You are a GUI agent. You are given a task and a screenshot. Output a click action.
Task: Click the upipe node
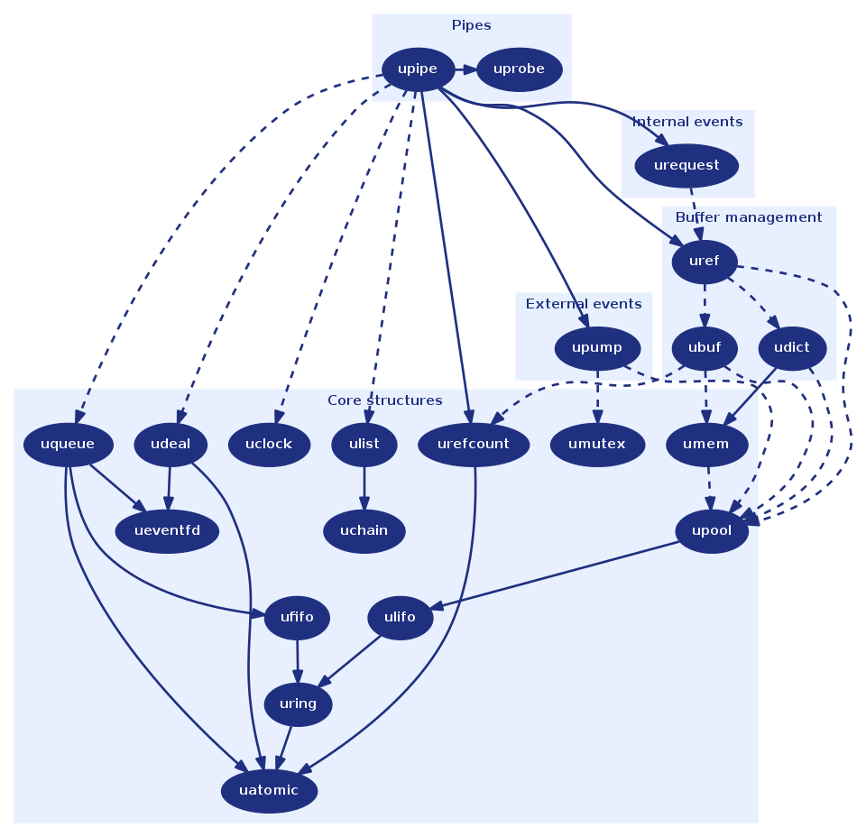tap(418, 69)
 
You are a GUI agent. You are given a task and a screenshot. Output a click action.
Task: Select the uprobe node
tap(520, 69)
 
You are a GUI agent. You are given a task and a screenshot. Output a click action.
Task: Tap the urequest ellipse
tap(687, 166)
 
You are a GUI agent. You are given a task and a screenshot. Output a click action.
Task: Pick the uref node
tap(705, 262)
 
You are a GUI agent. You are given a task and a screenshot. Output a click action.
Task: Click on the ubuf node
tap(705, 348)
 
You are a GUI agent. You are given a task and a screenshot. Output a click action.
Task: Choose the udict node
tap(792, 348)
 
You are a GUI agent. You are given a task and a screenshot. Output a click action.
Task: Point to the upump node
tap(597, 348)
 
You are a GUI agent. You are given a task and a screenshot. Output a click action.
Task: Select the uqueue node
tap(69, 444)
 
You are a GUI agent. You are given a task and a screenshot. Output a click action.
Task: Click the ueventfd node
tap(167, 531)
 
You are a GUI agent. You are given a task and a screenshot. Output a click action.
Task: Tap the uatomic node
tap(269, 791)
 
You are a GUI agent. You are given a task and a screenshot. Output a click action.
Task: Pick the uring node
tap(298, 704)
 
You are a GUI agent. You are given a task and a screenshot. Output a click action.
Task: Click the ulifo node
tap(400, 618)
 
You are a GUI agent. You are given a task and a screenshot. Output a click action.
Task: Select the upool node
tap(712, 531)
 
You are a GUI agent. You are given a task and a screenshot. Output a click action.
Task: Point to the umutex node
tap(597, 444)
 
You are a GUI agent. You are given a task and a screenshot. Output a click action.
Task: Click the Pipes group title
tap(471, 25)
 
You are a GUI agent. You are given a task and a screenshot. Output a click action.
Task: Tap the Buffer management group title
tap(748, 217)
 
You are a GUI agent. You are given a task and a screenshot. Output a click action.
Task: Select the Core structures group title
tap(385, 400)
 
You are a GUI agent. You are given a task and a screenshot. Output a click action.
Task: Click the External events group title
tap(584, 304)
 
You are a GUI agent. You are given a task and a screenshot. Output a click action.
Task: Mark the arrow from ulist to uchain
tap(364, 488)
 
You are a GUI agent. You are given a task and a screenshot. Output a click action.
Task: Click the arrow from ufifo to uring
tap(298, 661)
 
